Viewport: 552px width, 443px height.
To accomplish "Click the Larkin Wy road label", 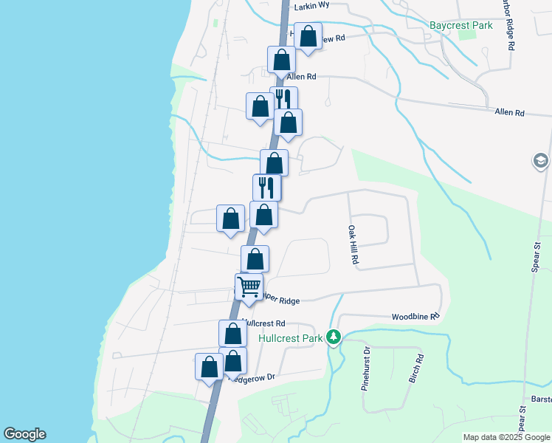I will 311,7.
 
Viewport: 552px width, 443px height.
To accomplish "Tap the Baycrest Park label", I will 461,26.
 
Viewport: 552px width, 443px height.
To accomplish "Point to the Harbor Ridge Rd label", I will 509,25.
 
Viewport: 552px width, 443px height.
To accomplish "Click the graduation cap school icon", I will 541,160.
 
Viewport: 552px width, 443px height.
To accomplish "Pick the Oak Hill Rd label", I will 353,246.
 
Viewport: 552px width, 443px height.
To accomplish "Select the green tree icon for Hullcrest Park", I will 334,337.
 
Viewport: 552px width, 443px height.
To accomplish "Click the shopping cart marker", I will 249,286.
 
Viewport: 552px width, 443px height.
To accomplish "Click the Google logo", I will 24,434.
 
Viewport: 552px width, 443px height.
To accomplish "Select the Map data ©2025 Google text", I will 506,437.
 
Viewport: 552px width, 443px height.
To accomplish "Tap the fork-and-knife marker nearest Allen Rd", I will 284,99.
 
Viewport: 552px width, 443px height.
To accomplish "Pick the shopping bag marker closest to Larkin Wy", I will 308,37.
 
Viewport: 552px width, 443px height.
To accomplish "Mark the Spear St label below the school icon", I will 537,255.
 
